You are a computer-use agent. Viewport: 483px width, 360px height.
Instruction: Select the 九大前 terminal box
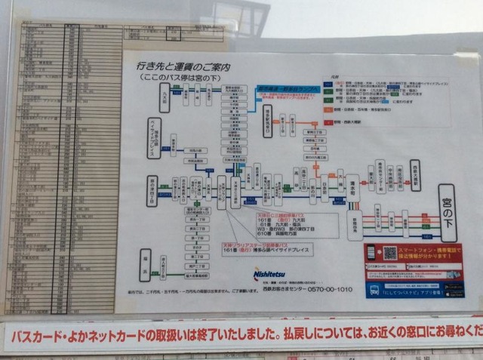click(168, 97)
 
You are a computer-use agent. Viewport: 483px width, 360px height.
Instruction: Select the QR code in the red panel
click(390, 254)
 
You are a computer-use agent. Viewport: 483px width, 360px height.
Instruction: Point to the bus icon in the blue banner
click(375, 288)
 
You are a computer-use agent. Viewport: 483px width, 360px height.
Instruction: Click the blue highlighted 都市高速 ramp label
click(288, 90)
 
